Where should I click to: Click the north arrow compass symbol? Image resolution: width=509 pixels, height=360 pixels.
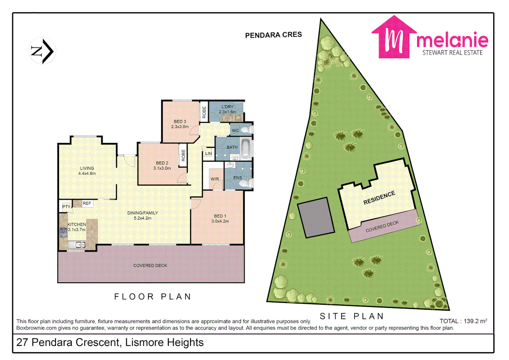tap(42, 51)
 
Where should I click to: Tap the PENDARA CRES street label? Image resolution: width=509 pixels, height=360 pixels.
tap(273, 35)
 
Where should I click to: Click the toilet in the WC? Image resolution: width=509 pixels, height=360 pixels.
tap(247, 130)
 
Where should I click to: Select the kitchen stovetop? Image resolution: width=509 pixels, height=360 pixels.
tap(63, 232)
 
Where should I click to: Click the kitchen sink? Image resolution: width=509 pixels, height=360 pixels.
tap(77, 245)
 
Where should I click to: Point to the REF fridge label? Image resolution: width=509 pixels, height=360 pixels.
tap(87, 203)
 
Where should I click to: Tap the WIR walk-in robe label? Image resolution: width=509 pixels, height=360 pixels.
tap(215, 179)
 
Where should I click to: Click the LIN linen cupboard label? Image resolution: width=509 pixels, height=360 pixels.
tap(209, 154)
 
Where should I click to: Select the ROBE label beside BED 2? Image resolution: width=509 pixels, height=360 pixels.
tap(183, 155)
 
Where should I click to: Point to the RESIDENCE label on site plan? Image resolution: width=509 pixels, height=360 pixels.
tap(379, 198)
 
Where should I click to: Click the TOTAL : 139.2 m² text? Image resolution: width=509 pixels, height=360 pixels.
tap(463, 321)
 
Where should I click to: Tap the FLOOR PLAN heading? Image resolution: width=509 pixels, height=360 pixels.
tap(153, 297)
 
